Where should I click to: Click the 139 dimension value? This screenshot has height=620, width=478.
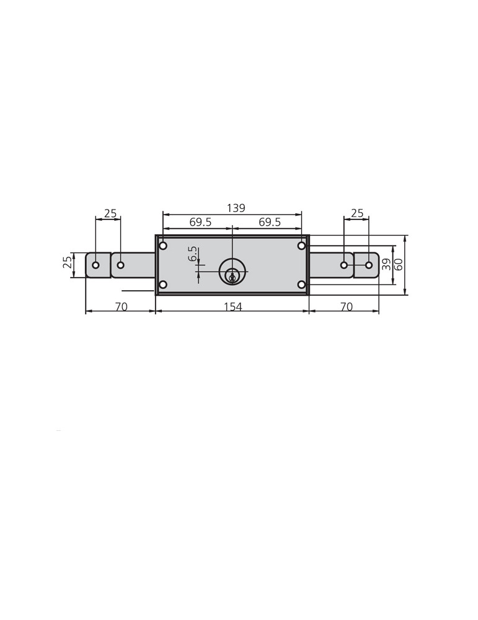click(236, 208)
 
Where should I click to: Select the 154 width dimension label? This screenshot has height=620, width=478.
click(232, 306)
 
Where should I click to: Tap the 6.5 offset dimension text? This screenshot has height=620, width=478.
click(193, 254)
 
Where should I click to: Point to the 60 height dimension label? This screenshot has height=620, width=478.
click(399, 264)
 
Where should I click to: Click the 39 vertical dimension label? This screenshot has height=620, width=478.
click(386, 264)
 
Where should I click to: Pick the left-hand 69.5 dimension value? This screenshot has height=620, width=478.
click(200, 222)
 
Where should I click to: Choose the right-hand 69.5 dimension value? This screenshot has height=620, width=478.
click(270, 222)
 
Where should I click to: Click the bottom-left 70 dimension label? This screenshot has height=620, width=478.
click(121, 306)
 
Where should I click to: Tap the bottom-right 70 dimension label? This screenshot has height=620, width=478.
click(346, 306)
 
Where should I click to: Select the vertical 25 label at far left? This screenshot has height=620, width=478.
click(68, 262)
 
